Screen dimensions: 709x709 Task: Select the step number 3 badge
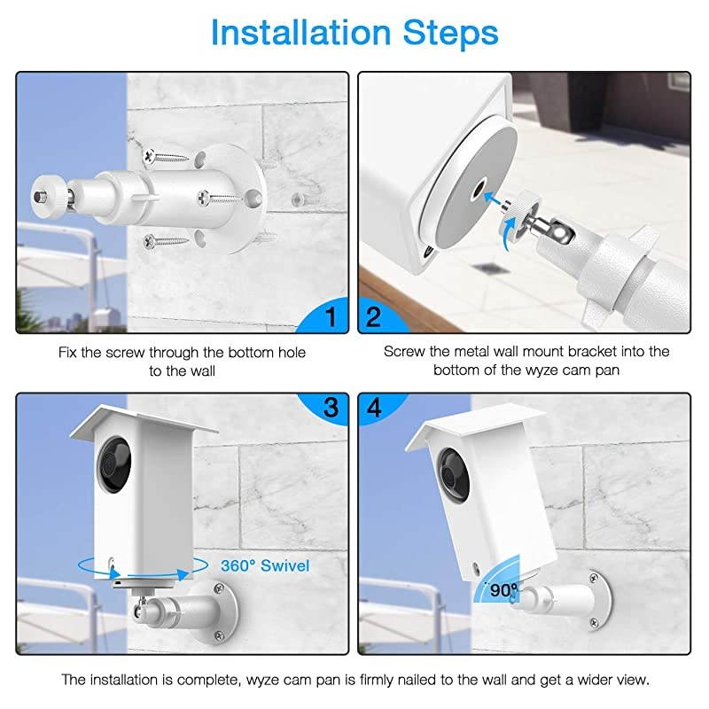point(330,407)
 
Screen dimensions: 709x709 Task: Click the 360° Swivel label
point(265,565)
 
